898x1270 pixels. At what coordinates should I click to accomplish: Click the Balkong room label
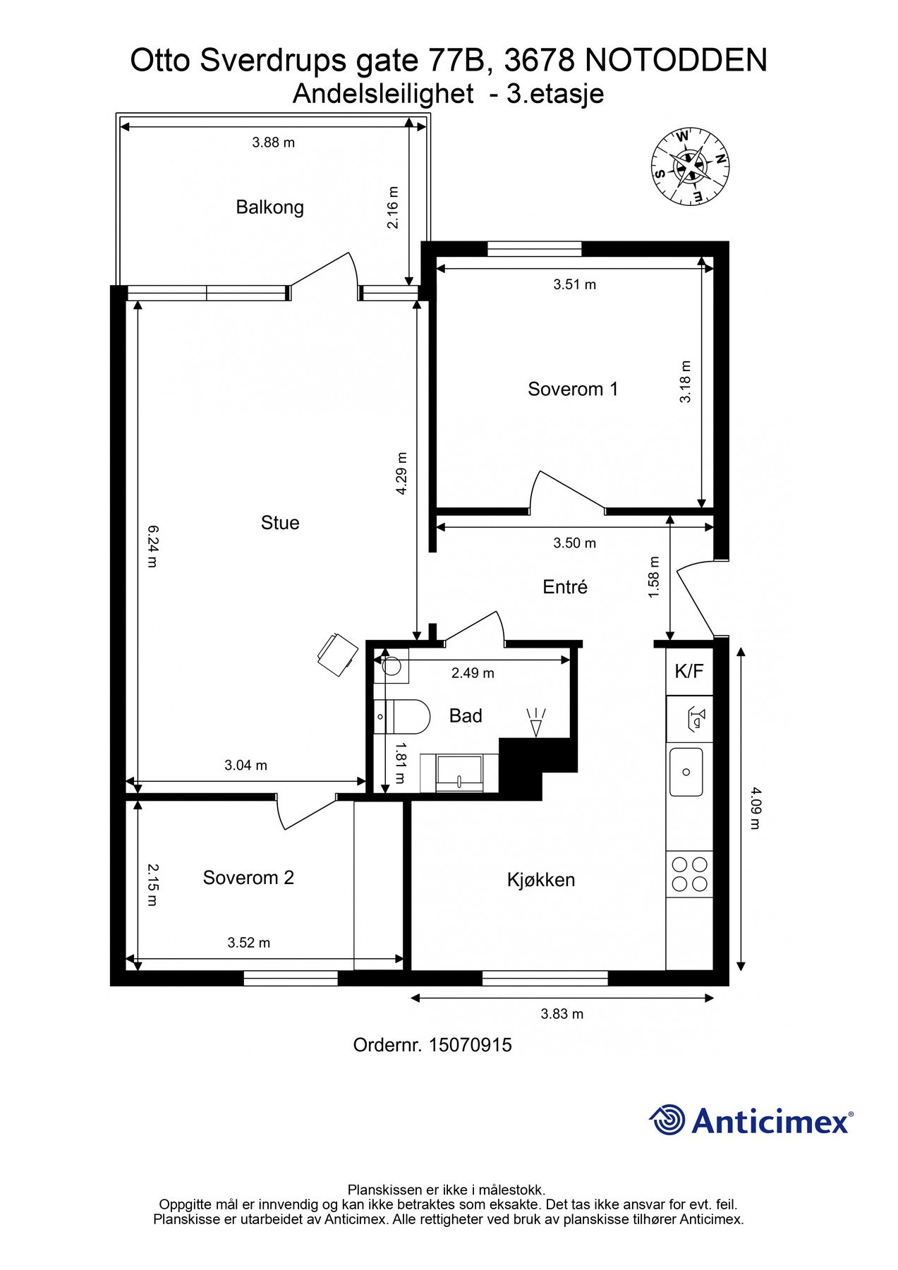click(x=269, y=207)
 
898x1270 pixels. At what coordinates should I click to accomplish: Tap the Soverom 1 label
click(x=573, y=389)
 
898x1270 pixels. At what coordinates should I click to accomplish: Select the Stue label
click(x=280, y=523)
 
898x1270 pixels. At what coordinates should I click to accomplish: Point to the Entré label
click(x=565, y=586)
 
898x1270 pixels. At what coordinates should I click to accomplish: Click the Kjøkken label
click(x=541, y=880)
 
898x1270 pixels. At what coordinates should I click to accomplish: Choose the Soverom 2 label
click(x=248, y=878)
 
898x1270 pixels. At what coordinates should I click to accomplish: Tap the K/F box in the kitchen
click(x=689, y=671)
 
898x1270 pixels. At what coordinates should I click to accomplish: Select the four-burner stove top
click(x=689, y=874)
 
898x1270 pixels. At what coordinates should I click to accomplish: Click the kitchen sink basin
click(x=686, y=772)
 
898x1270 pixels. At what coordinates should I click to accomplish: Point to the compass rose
click(x=690, y=167)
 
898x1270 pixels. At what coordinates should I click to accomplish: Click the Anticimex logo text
click(x=772, y=1120)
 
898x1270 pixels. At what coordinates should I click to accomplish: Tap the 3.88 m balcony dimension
click(x=274, y=143)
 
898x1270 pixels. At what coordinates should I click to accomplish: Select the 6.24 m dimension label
click(x=152, y=546)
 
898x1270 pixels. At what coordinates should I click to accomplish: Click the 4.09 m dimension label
click(x=756, y=808)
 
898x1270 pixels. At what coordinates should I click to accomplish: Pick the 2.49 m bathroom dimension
click(x=473, y=673)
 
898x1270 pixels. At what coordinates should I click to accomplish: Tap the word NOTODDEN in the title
click(x=676, y=61)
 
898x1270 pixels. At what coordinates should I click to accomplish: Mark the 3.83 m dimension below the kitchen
click(x=562, y=1015)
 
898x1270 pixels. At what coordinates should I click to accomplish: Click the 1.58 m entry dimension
click(x=654, y=578)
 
